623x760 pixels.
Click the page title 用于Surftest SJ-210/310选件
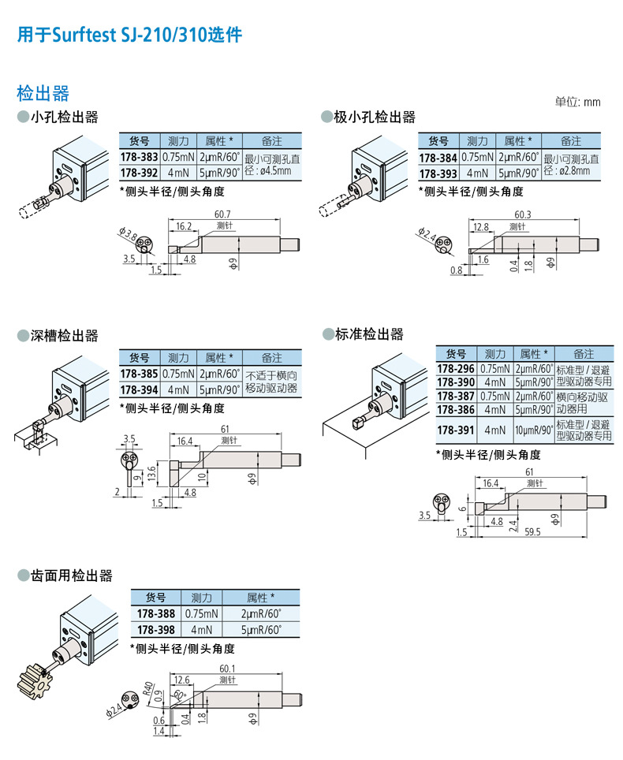(x=129, y=35)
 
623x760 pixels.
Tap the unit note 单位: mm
(x=577, y=102)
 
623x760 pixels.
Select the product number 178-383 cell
(x=139, y=157)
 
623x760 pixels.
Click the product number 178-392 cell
(x=139, y=172)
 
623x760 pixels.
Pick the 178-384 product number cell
(x=438, y=157)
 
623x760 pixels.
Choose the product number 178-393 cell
(x=438, y=173)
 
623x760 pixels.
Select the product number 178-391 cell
(x=456, y=430)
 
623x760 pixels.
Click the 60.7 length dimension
(x=222, y=214)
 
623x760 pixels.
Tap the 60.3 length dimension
(x=523, y=214)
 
